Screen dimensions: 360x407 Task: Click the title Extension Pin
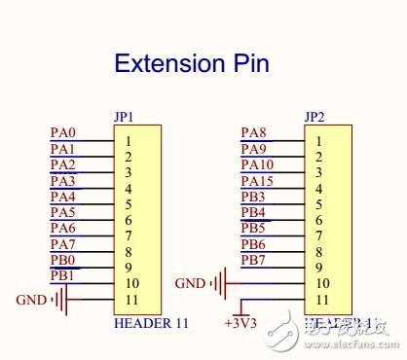(x=191, y=64)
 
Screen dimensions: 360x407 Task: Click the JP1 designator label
(x=124, y=117)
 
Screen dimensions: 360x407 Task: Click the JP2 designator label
(x=314, y=117)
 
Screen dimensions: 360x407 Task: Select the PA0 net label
(x=63, y=133)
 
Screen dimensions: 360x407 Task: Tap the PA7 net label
(x=63, y=244)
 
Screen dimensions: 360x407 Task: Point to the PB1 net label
(x=63, y=276)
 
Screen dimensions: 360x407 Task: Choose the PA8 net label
(x=253, y=133)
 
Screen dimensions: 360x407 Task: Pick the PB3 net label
(x=253, y=197)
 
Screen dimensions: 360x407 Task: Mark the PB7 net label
(x=253, y=260)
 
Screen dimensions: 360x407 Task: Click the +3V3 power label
(x=240, y=322)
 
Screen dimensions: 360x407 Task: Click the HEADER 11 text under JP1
(x=151, y=322)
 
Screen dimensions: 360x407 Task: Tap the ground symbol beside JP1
(x=60, y=300)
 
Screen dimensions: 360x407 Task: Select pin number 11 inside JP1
(x=129, y=299)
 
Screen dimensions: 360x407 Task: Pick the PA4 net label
(x=63, y=197)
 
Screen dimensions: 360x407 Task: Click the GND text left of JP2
(x=189, y=284)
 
